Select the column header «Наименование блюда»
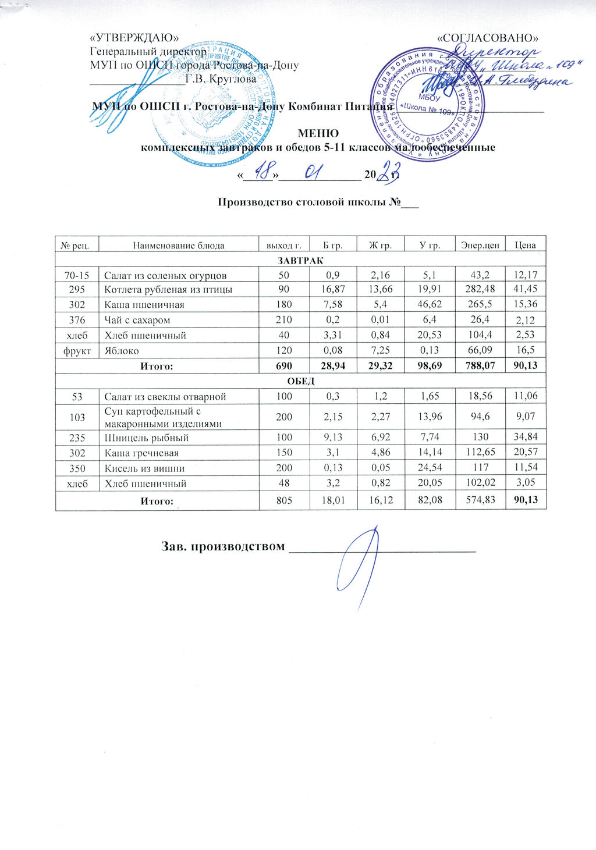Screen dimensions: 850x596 pos(178,246)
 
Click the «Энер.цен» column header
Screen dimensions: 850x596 pos(480,246)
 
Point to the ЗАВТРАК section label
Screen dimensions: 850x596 pos(301,260)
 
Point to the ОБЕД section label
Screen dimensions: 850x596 pos(301,382)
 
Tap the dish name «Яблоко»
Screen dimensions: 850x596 pos(121,350)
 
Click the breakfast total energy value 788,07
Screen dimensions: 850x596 pos(480,365)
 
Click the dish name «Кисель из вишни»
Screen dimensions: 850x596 pos(144,468)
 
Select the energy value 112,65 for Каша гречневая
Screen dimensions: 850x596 pos(480,453)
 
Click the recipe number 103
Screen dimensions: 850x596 pos(77,418)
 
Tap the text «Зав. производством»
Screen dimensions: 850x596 pos(223,547)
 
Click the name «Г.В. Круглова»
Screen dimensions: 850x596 pos(221,79)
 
